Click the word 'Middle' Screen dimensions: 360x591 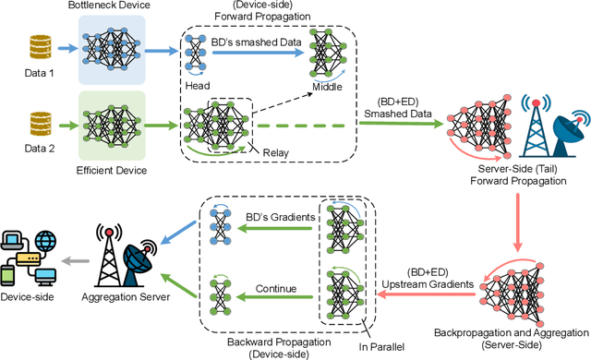(x=326, y=86)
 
